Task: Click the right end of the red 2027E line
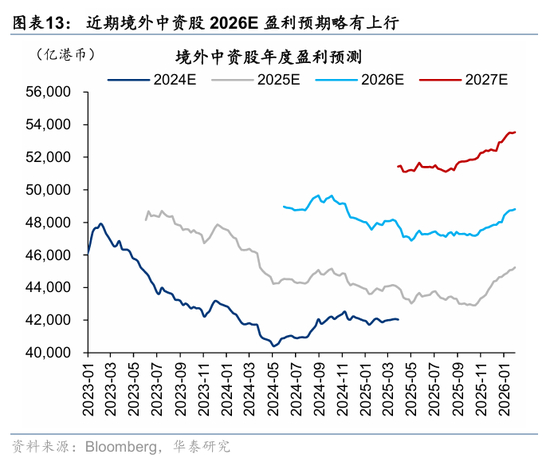tap(515, 132)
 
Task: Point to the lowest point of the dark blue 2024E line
tap(274, 346)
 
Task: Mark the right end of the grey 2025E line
tap(515, 267)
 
